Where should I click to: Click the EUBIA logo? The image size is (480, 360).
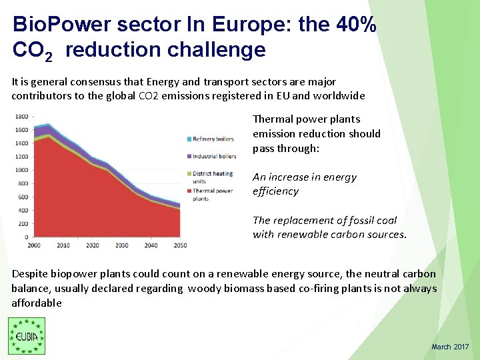(x=27, y=335)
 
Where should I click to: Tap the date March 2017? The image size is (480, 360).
(x=450, y=347)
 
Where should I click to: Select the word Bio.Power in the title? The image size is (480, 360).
(x=61, y=25)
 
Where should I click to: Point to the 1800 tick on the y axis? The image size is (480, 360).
(x=21, y=116)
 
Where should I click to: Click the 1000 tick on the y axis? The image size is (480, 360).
(x=21, y=170)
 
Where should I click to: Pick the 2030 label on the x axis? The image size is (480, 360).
(x=121, y=245)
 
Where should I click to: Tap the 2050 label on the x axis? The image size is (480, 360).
(x=179, y=245)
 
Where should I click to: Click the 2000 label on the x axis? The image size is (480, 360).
(x=34, y=245)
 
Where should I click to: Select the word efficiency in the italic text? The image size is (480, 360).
(x=276, y=191)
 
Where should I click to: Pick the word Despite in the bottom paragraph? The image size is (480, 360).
(x=30, y=273)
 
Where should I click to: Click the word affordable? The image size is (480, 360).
(x=37, y=303)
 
